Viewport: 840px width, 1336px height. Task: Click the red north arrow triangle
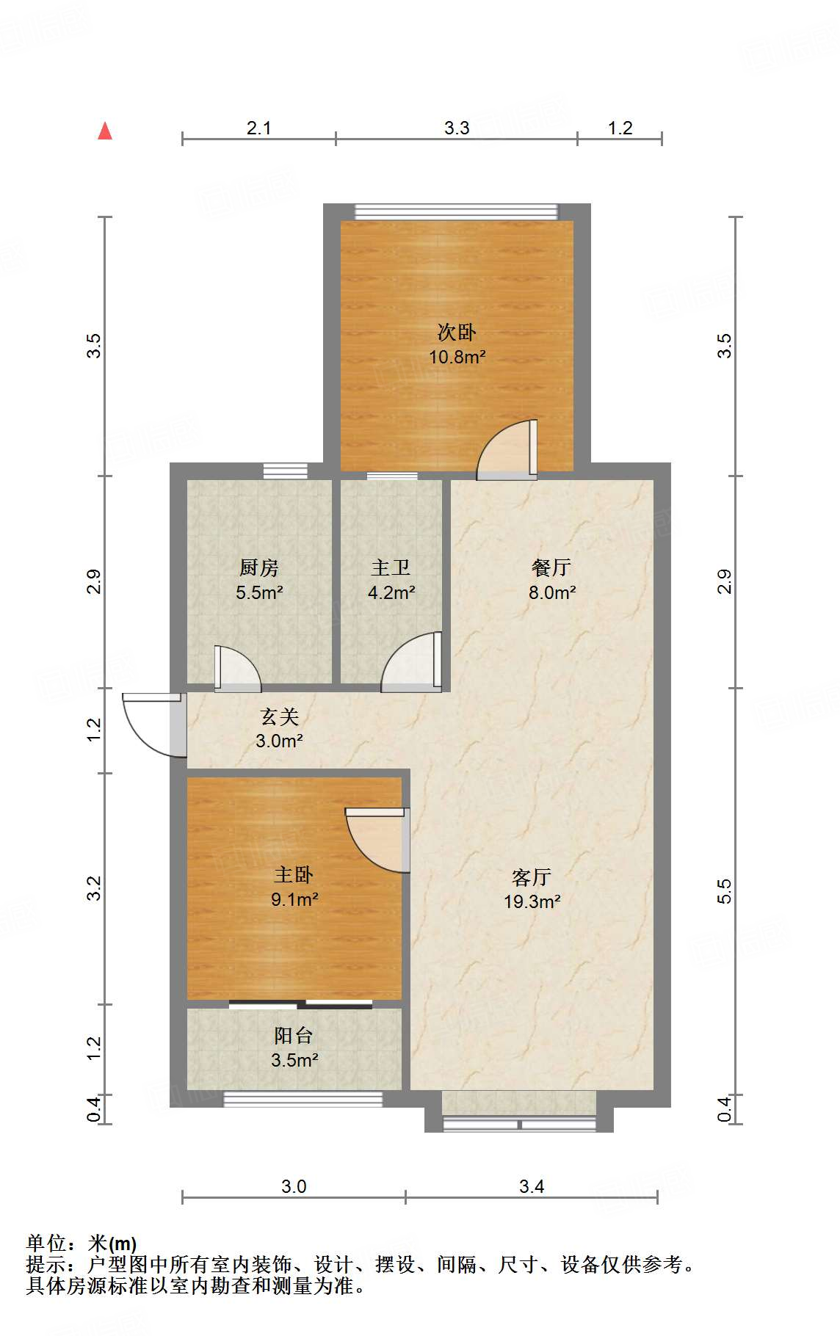click(x=105, y=131)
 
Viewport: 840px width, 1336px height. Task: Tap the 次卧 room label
click(x=457, y=333)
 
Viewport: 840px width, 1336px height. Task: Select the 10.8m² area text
click(x=457, y=357)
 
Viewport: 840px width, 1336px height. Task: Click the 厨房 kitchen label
click(x=258, y=567)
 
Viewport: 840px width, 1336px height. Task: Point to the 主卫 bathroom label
click(x=391, y=567)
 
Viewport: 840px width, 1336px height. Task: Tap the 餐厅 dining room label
click(x=551, y=567)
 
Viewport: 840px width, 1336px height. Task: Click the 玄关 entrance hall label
click(x=280, y=716)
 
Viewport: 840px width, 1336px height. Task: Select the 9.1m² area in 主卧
click(x=294, y=899)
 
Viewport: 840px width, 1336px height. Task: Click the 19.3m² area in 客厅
click(x=532, y=901)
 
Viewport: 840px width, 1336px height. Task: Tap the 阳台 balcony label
click(x=294, y=1036)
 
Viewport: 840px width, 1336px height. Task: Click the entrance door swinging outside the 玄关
click(x=151, y=723)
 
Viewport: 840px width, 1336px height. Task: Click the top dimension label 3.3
click(x=456, y=128)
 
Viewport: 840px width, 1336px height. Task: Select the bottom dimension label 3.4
click(x=531, y=1187)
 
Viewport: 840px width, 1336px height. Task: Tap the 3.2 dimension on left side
click(x=93, y=888)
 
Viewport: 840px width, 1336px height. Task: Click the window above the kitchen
click(x=286, y=471)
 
